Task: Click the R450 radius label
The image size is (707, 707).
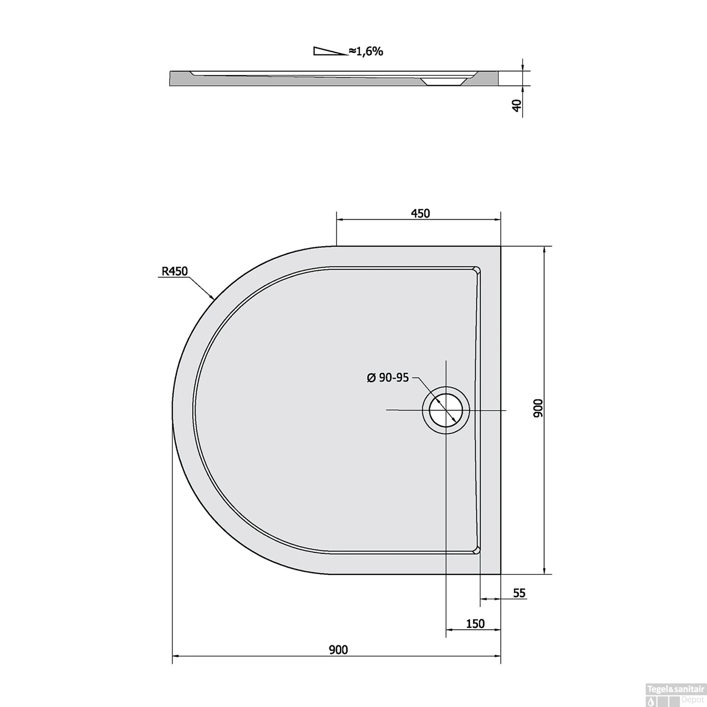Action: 175,271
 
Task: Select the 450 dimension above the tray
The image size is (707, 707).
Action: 420,214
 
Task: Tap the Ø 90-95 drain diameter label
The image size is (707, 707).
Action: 387,378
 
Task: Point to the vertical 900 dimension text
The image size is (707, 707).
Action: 539,408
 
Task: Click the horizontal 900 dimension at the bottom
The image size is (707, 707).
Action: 338,649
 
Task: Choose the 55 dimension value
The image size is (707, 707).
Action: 519,593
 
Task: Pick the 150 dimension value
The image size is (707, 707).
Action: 475,624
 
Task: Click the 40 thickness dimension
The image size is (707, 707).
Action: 518,106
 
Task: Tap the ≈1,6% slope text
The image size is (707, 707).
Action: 366,51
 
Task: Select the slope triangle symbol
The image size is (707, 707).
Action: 330,51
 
